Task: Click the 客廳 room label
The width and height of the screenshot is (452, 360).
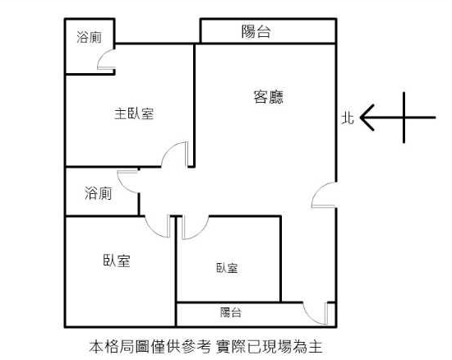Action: coord(269,97)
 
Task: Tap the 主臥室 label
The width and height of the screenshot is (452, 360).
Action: coord(134,113)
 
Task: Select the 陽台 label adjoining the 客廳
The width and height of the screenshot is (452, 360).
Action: coord(256,31)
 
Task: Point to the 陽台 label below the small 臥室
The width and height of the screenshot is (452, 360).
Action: coord(231,312)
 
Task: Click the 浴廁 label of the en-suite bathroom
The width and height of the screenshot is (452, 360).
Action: coord(90,38)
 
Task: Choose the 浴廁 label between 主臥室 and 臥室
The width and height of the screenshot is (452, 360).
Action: coord(99,193)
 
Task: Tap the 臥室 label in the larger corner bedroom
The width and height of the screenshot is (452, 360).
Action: coord(117,261)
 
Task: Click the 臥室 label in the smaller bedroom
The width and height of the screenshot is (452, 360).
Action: coord(227,268)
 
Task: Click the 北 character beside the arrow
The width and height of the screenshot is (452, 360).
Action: coord(348,118)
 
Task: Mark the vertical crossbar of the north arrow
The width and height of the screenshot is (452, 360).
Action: coord(404,118)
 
